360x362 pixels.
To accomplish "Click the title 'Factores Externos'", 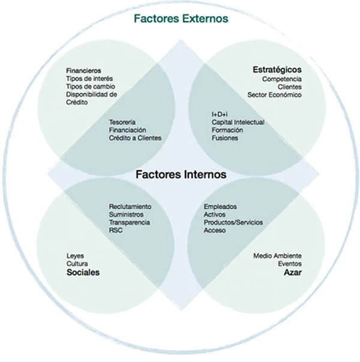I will point(181,19).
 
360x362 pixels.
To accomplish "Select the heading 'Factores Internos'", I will point(181,175).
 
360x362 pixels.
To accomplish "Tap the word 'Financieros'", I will point(84,71).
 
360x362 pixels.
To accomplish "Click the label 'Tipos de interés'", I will point(89,79).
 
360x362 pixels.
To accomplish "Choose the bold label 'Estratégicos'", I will point(277,70).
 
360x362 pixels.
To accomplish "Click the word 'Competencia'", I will point(282,79).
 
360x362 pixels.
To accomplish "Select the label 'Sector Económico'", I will point(275,95).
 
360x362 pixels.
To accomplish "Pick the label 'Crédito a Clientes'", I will point(135,138).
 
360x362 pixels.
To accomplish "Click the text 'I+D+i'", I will point(213,114).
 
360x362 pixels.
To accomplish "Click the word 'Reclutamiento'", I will point(130,206).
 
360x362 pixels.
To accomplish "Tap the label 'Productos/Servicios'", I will point(233,222).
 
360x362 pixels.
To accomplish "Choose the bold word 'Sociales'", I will point(83,273).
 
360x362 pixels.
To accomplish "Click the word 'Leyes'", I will point(76,256).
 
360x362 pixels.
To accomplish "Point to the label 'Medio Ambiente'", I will point(278,256).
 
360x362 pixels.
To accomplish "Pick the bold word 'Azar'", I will point(292,273).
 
